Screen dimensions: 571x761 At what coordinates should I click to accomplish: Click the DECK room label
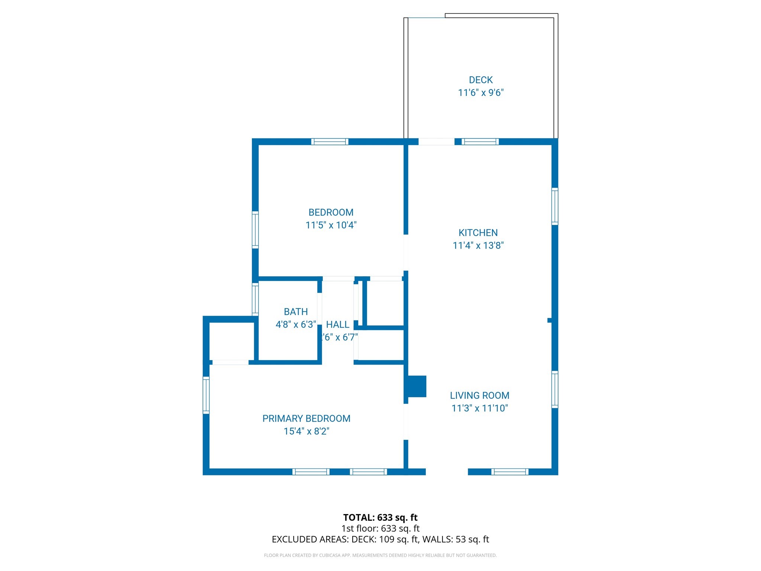pos(480,80)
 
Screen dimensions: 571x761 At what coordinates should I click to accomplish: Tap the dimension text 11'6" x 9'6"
pos(480,93)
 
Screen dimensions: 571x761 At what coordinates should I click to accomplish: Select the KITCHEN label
pos(478,233)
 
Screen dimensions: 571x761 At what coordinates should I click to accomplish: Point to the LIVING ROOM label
pos(479,396)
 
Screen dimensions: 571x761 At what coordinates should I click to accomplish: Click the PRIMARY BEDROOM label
pos(306,419)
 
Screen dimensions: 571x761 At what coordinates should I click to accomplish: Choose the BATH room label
pos(296,312)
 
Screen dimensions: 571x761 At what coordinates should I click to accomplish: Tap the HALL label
pos(337,325)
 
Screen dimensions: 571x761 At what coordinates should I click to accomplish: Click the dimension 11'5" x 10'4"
pos(331,225)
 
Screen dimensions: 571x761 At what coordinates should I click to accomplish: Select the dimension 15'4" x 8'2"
pos(306,431)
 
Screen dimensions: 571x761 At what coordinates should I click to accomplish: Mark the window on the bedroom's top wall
pos(330,142)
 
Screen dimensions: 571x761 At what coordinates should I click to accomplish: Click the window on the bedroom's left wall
pos(255,229)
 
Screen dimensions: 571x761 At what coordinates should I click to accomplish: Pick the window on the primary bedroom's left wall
pos(206,395)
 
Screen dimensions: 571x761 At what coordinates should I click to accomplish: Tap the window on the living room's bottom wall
pos(509,472)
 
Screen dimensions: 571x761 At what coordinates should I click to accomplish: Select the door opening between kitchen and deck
pos(436,142)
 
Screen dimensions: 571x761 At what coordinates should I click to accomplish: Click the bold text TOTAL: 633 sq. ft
pos(380,517)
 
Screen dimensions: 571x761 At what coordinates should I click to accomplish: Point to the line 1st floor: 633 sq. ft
pos(380,528)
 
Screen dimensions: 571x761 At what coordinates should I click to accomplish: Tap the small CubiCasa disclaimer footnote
pos(380,555)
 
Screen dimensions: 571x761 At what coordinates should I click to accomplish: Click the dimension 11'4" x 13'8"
pos(478,245)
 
